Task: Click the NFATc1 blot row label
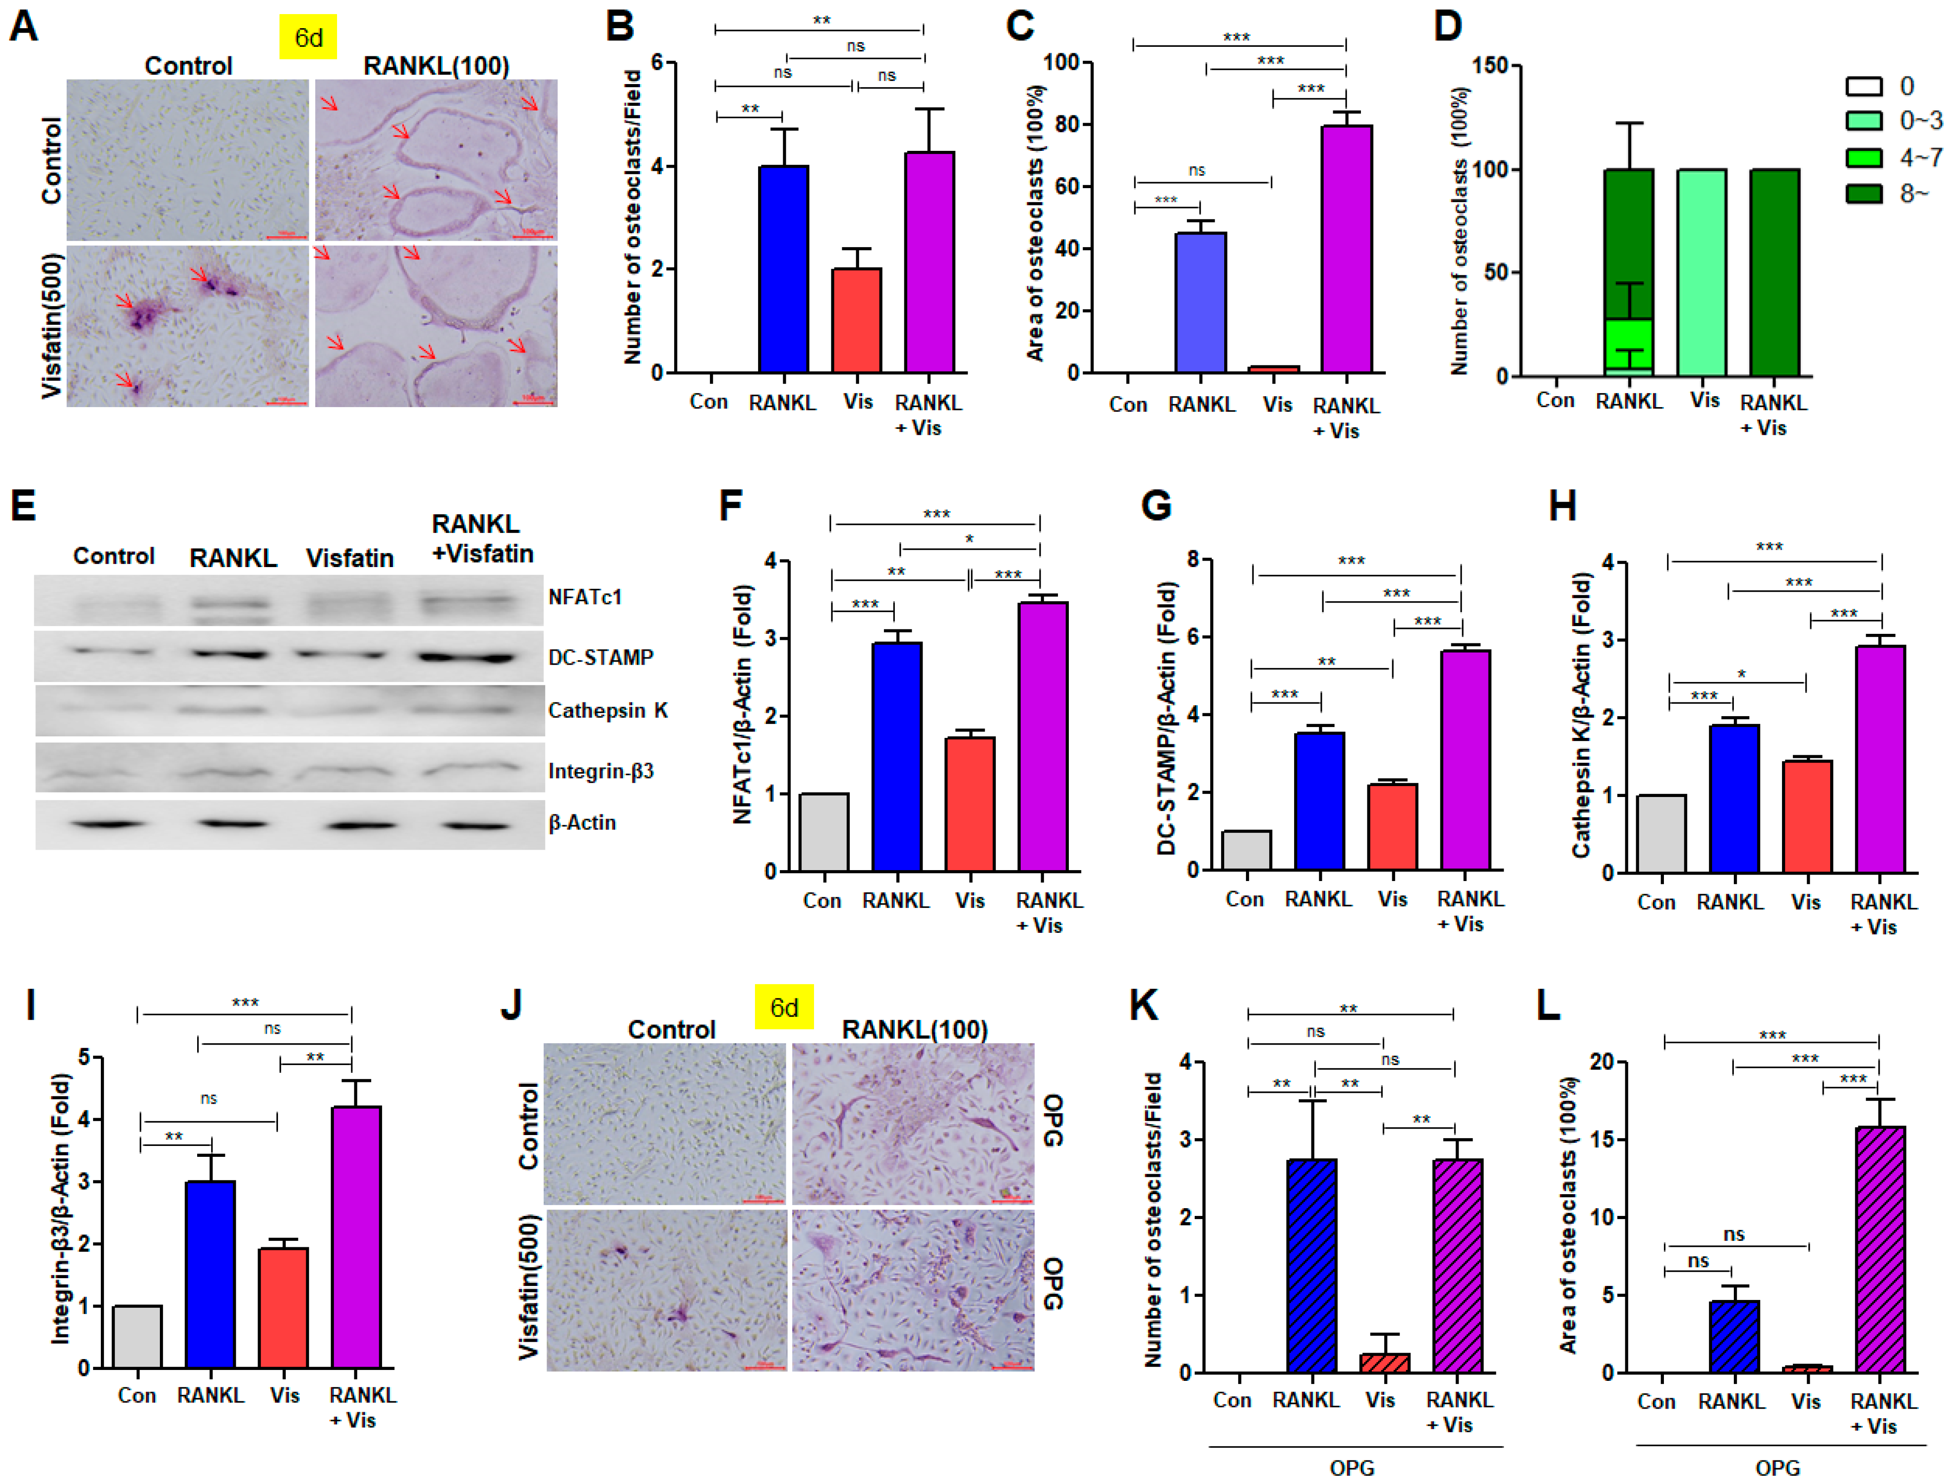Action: pyautogui.click(x=585, y=597)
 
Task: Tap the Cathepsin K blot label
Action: pyautogui.click(x=608, y=710)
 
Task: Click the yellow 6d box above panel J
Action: pyautogui.click(x=784, y=1007)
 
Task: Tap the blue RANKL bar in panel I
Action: pyautogui.click(x=210, y=1274)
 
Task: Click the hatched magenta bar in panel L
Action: pyautogui.click(x=1880, y=1249)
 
